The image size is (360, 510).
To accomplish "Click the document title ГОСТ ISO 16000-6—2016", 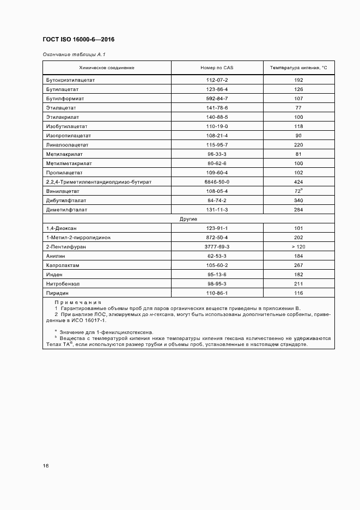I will pyautogui.click(x=78, y=40).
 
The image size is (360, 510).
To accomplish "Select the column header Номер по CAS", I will pyautogui.click(x=217, y=68).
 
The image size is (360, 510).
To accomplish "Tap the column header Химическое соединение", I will pyautogui.click(x=107, y=68).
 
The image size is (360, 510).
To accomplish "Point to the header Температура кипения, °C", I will pyautogui.click(x=298, y=68).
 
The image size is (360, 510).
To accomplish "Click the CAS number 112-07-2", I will pyautogui.click(x=217, y=80).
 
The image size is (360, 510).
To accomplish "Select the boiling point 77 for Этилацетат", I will pyautogui.click(x=298, y=108).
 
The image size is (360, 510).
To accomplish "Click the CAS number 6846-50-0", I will pyautogui.click(x=217, y=181).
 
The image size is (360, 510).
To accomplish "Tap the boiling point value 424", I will pyautogui.click(x=298, y=181).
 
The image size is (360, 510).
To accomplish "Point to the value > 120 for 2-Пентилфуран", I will pyautogui.click(x=298, y=247).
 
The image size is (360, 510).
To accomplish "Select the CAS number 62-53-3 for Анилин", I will pyautogui.click(x=217, y=256).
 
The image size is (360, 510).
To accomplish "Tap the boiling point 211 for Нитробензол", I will pyautogui.click(x=298, y=284).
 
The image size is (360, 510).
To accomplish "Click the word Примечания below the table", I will pyautogui.click(x=78, y=302).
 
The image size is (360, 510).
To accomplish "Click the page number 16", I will pyautogui.click(x=46, y=466).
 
